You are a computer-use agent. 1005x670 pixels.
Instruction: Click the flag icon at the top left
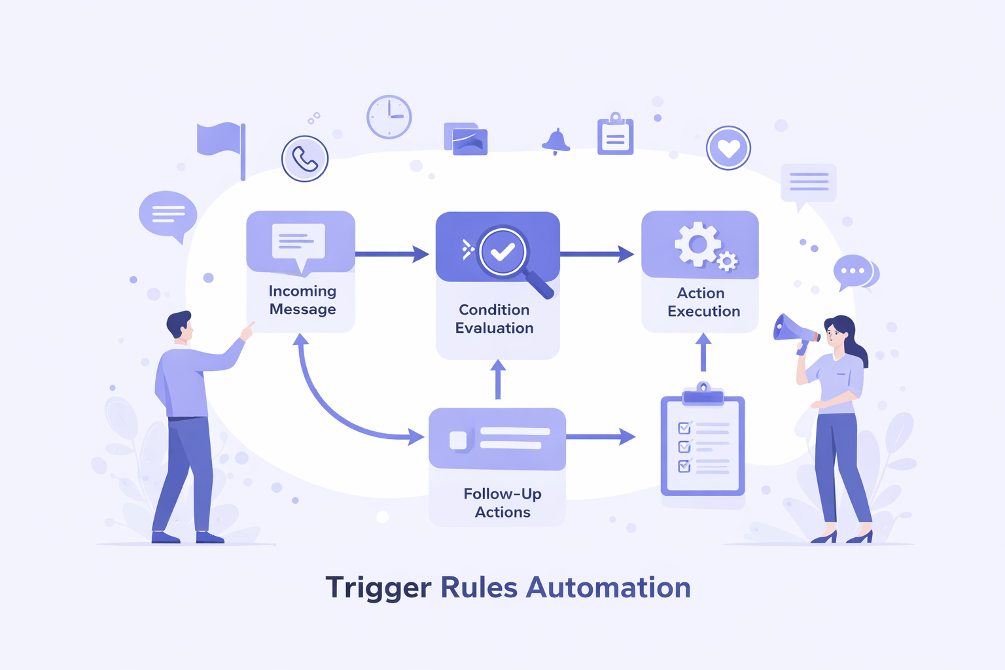[x=220, y=141]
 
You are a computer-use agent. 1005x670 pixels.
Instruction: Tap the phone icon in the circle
[x=304, y=158]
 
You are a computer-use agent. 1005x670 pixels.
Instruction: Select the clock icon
[x=389, y=116]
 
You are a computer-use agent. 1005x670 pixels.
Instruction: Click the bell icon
[x=555, y=141]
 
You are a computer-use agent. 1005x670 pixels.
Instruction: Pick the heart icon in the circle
[x=728, y=149]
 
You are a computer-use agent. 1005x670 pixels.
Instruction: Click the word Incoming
[x=302, y=291]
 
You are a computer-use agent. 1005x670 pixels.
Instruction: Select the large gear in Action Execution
[x=697, y=244]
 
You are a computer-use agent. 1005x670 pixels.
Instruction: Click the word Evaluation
[x=495, y=328]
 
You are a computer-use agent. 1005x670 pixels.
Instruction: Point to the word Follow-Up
[x=502, y=493]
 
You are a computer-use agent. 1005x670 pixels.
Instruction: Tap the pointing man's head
[x=179, y=325]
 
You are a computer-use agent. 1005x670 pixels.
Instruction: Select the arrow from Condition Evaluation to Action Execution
[x=596, y=254]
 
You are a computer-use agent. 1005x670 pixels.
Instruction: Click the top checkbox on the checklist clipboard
[x=684, y=428]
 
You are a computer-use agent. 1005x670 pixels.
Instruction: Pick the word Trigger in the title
[x=378, y=588]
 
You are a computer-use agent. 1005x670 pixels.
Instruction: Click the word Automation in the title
[x=608, y=588]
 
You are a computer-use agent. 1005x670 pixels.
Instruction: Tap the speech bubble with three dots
[x=853, y=271]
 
